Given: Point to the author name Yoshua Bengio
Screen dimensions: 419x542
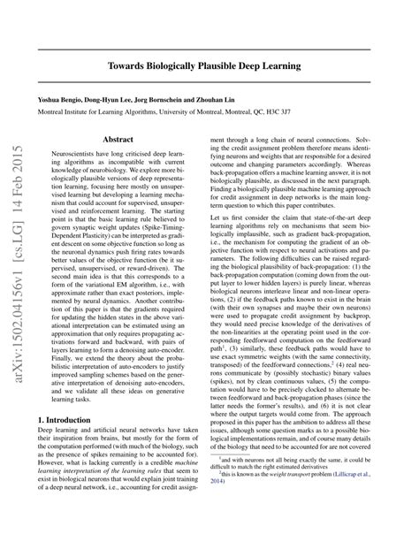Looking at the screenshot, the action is coord(60,101).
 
